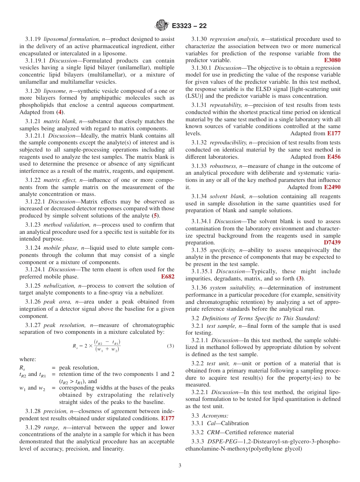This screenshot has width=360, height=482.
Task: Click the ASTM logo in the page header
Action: pos(162,25)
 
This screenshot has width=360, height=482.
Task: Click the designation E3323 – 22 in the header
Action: pos(189,26)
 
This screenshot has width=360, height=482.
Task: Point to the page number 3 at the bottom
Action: pos(180,466)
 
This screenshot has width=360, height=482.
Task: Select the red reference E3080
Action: pos(332,60)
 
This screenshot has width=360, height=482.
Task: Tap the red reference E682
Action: pos(167,277)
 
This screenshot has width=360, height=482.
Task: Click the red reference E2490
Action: pos(332,187)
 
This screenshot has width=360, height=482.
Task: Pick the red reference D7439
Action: pos(332,243)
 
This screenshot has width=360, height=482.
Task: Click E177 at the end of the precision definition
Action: pos(167,418)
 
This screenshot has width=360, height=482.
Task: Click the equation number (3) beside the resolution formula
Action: pos(171,346)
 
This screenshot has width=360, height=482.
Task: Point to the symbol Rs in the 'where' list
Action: pos(22,368)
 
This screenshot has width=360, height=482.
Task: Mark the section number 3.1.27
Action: pos(33,325)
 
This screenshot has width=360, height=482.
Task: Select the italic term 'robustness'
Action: pos(224,166)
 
